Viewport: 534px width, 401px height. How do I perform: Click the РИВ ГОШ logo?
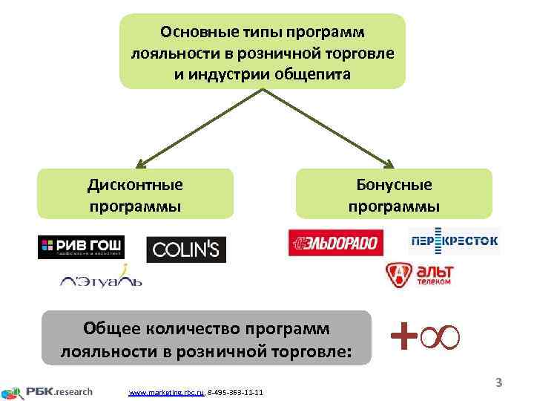click(x=81, y=247)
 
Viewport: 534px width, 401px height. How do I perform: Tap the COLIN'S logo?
click(x=185, y=250)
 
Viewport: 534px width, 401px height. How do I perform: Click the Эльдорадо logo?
click(x=336, y=242)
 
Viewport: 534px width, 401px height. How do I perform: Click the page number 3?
click(x=499, y=383)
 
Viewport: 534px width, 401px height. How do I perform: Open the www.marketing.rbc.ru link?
click(x=167, y=392)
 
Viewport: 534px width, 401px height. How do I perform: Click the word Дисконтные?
click(x=135, y=184)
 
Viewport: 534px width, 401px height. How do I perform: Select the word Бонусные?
click(x=394, y=184)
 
